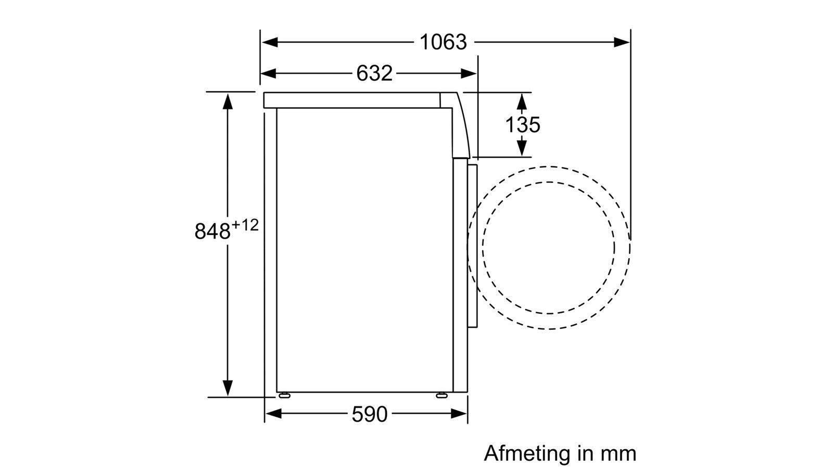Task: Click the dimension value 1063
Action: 443,42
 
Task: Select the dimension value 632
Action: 374,73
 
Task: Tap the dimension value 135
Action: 522,125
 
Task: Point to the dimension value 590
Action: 369,414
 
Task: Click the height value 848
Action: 212,231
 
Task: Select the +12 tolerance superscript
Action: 245,225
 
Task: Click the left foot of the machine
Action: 285,396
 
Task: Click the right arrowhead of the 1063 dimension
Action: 622,42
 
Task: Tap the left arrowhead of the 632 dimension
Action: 268,73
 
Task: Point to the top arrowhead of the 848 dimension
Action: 227,101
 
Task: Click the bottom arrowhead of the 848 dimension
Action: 227,388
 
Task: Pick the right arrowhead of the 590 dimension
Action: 459,414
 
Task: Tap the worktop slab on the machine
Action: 351,100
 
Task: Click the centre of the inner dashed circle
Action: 548,248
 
